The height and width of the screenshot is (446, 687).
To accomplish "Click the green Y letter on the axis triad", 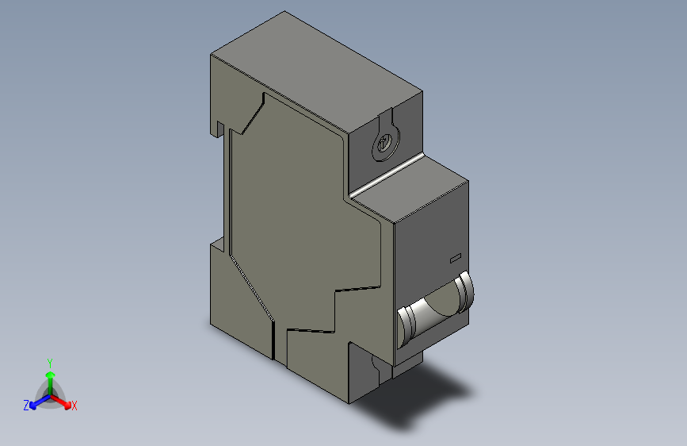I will tap(50, 363).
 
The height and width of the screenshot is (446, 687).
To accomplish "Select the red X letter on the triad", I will tap(74, 406).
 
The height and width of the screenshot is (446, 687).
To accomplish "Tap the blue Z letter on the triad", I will tap(26, 406).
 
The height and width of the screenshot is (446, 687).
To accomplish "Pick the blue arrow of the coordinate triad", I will tap(35, 402).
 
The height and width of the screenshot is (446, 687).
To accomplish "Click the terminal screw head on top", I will tap(384, 144).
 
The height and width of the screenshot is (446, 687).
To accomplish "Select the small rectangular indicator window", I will tap(455, 258).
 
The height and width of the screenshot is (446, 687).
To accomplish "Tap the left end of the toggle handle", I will tap(407, 323).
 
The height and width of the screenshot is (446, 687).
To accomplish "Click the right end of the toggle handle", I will tap(467, 290).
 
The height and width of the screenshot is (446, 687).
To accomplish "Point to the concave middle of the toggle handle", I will tap(438, 307).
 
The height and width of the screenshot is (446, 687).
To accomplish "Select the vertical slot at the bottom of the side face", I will tap(274, 341).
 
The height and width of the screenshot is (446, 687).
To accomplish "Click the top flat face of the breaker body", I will tap(317, 71).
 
